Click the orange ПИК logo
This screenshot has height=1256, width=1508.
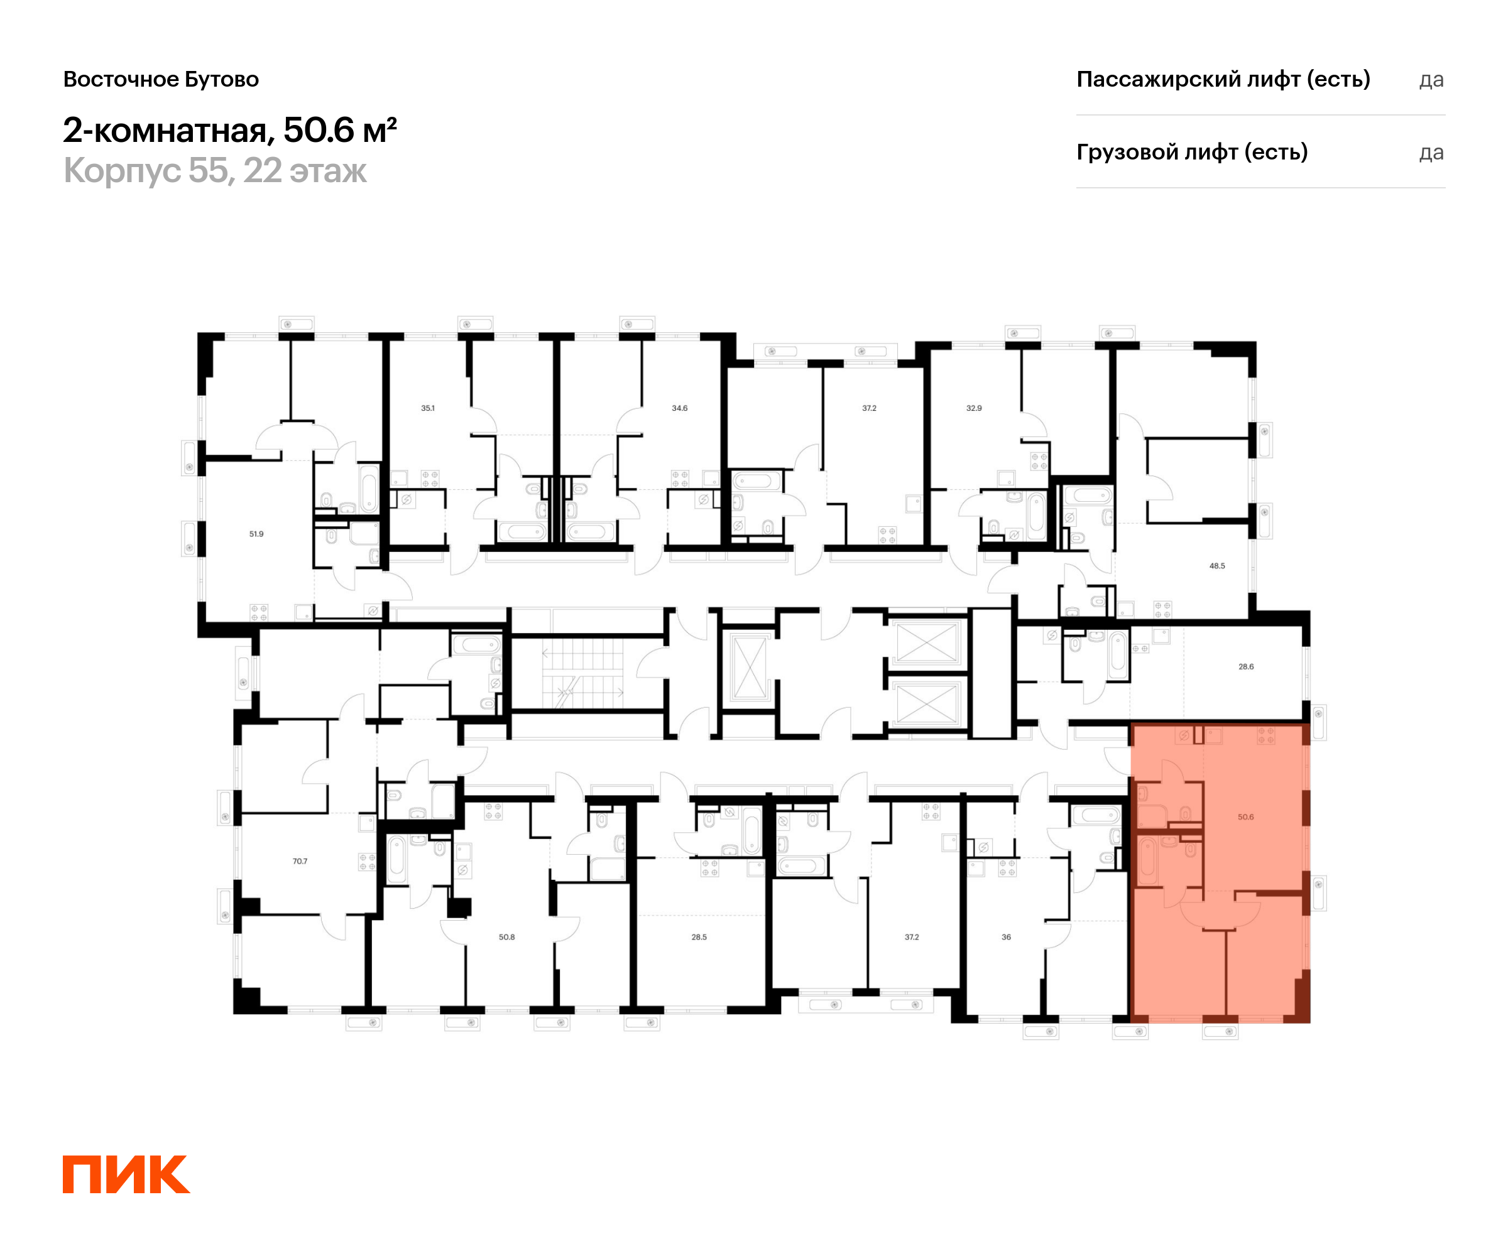click(x=126, y=1174)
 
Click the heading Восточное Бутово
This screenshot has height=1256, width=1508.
click(x=161, y=79)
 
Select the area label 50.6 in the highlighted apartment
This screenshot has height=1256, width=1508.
click(x=1245, y=817)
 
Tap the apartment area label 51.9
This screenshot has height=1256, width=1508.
click(x=256, y=534)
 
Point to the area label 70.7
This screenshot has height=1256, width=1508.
click(x=300, y=861)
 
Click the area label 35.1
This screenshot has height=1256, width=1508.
click(x=427, y=408)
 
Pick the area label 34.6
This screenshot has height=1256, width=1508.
click(x=679, y=408)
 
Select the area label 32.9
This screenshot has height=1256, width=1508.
click(x=974, y=408)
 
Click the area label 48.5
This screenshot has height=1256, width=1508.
click(x=1217, y=566)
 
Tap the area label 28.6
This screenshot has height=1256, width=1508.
click(x=1246, y=667)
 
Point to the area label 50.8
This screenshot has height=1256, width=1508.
click(x=506, y=936)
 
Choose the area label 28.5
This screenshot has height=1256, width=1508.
click(x=699, y=936)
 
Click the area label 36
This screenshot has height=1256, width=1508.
click(x=1006, y=936)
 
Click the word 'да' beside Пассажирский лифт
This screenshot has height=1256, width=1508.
click(x=1431, y=80)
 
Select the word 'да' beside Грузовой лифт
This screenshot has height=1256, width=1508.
click(x=1431, y=153)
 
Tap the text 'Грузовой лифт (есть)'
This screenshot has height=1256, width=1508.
click(x=1191, y=152)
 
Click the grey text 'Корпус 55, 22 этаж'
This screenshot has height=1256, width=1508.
click(x=215, y=171)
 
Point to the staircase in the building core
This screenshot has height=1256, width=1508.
click(x=583, y=673)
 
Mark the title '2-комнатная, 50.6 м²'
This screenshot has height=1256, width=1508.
click(x=230, y=130)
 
